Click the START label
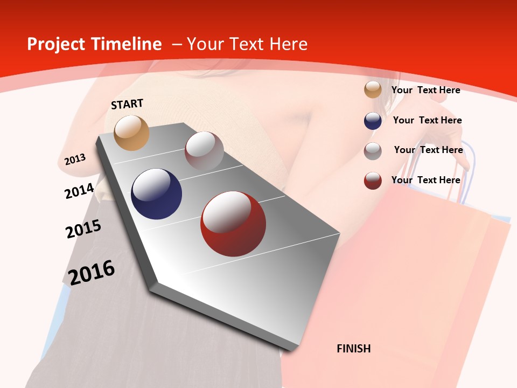pos(127,104)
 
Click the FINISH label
pos(353,349)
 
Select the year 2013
pos(75,160)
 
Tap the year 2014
pos(79,191)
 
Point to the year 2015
pos(83,229)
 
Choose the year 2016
pos(92,273)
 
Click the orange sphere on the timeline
pos(132,133)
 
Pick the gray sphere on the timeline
pos(204,151)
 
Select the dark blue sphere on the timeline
pos(157,194)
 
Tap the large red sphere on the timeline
pos(233,224)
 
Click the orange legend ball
pos(373,90)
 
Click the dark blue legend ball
pos(373,121)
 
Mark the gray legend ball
pos(373,151)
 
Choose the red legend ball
pos(373,181)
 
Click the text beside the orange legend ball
pos(425,90)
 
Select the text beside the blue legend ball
pos(427,120)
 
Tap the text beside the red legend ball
pos(425,180)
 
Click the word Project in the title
pos(57,44)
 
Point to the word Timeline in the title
pos(127,44)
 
